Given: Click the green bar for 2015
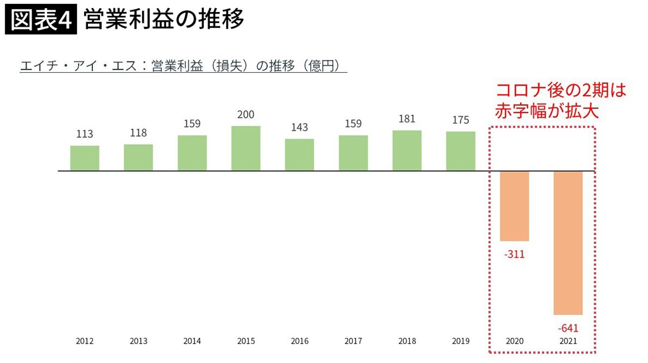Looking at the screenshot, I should coord(246,149).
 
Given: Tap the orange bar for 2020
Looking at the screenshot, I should coord(514,206).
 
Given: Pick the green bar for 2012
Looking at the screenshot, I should coord(85,158).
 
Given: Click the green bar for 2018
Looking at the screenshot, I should coord(407,151).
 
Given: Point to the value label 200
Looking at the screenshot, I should coord(246,115).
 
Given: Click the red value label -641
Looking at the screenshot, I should coord(568,328).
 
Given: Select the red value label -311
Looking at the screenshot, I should coord(514,254).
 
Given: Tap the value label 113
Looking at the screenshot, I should coord(85,134).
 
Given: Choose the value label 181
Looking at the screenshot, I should coord(407,119).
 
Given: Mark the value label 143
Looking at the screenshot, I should coord(299,127).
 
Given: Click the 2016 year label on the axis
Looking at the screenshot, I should coord(299,341).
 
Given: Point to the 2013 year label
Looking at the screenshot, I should coord(138,341).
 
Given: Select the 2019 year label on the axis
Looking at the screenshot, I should coord(460,341).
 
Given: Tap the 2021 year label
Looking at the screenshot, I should coord(568,341).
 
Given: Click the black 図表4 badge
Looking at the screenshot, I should coord(41,20).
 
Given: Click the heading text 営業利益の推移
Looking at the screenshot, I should coord(163,20).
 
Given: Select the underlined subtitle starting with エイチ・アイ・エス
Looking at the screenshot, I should coord(183,66).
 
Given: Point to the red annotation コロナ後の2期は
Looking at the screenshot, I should coord(561,90).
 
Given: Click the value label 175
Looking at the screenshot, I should coord(460,120).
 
